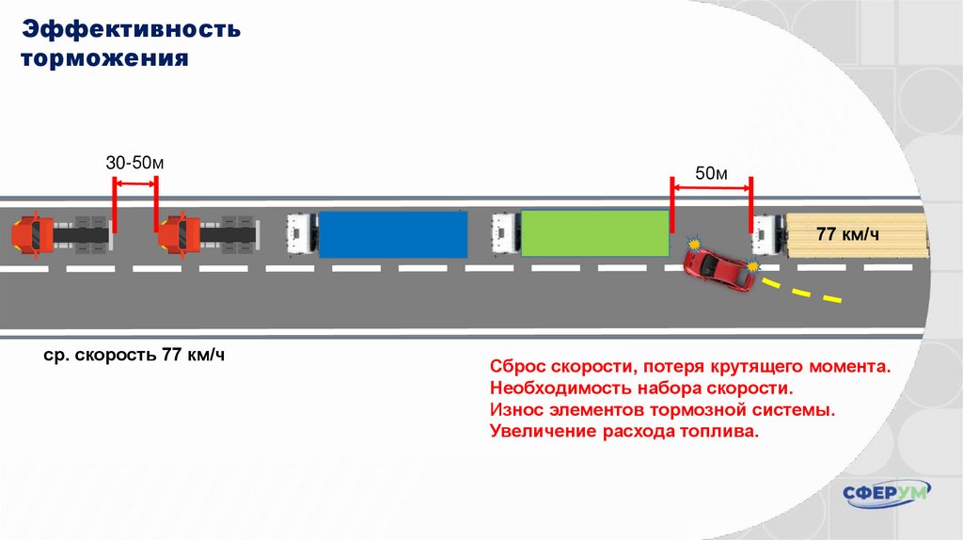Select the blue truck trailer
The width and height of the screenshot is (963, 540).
[x=393, y=234]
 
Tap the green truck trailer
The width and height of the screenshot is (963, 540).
[x=594, y=234]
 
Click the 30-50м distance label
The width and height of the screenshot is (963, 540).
[x=134, y=163]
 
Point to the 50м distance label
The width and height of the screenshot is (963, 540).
[x=711, y=174]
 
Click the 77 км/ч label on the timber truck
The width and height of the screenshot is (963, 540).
[x=847, y=233]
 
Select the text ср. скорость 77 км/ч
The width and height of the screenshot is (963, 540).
[x=134, y=356]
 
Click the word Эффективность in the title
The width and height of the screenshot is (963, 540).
[x=133, y=29]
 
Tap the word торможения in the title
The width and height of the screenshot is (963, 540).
[x=105, y=58]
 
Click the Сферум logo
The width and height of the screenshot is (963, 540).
[x=886, y=493]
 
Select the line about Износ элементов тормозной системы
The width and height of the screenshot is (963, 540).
[x=663, y=410]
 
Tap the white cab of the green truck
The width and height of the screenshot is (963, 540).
[x=505, y=233]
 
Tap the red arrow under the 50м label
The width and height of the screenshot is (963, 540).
[x=711, y=189]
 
